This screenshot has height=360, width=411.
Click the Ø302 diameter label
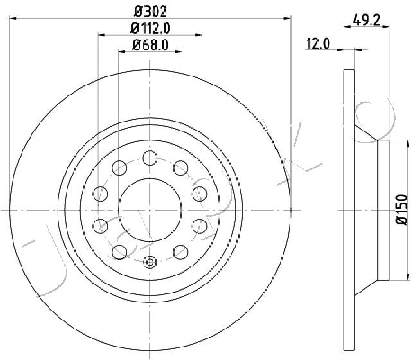[150, 12]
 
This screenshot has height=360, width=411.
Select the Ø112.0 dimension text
[150, 28]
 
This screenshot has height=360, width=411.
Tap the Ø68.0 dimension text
[150, 45]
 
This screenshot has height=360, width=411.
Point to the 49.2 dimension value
[367, 20]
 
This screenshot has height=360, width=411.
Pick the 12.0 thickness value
[318, 44]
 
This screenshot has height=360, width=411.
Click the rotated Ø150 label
[401, 209]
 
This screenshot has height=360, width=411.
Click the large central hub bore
[150, 210]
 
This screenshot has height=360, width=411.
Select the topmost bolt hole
[150, 158]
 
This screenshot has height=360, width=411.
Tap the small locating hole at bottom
[150, 262]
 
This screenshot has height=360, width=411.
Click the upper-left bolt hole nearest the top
[119, 168]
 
